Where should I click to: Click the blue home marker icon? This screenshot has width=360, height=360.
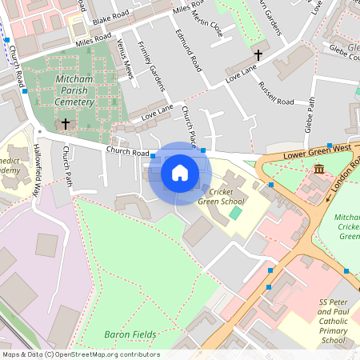tap(180, 173)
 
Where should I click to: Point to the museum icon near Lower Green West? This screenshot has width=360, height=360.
tap(319, 169)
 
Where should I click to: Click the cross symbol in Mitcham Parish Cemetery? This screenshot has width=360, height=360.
tap(66, 124)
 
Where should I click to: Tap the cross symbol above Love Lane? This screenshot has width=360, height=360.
tap(258, 55)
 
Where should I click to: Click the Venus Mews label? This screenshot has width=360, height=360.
tap(124, 58)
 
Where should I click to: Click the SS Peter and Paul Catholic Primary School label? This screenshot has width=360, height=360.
tap(332, 321)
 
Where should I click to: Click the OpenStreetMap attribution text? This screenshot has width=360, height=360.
tap(80, 354)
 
